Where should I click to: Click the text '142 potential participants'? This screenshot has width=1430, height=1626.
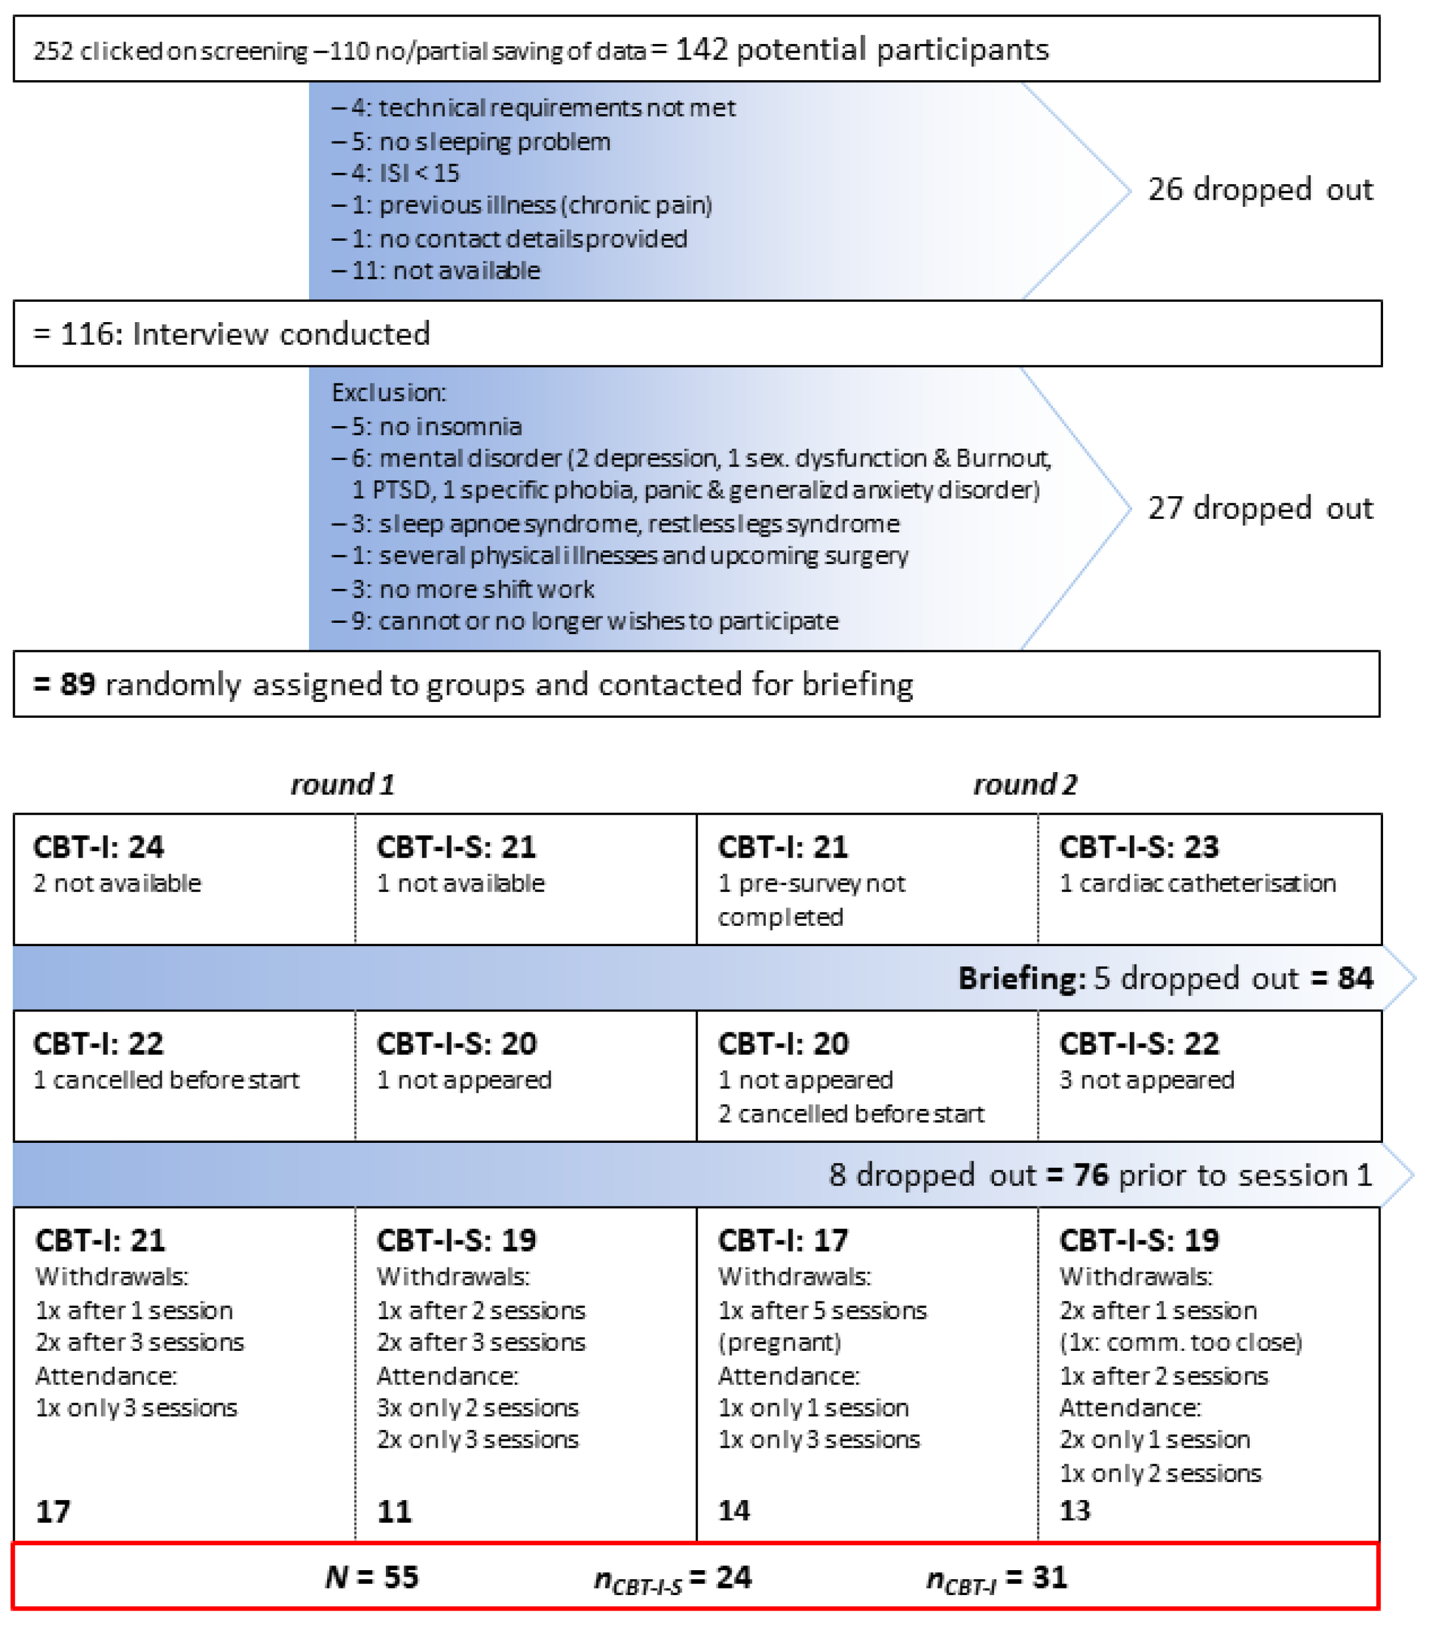(x=861, y=50)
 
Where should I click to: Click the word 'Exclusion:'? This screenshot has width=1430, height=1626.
(x=388, y=392)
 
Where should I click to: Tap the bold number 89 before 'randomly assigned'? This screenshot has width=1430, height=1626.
(x=77, y=684)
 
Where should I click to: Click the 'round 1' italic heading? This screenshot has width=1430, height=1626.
(x=342, y=784)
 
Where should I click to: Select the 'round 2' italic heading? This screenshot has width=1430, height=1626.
(x=1025, y=784)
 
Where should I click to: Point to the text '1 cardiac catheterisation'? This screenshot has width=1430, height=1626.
(x=1197, y=883)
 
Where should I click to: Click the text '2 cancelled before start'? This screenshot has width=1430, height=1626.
(x=851, y=1114)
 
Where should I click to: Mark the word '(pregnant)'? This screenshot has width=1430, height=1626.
(x=779, y=1343)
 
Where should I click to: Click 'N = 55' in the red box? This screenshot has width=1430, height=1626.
(x=372, y=1577)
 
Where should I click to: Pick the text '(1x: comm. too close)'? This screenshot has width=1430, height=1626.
(x=1180, y=1343)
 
